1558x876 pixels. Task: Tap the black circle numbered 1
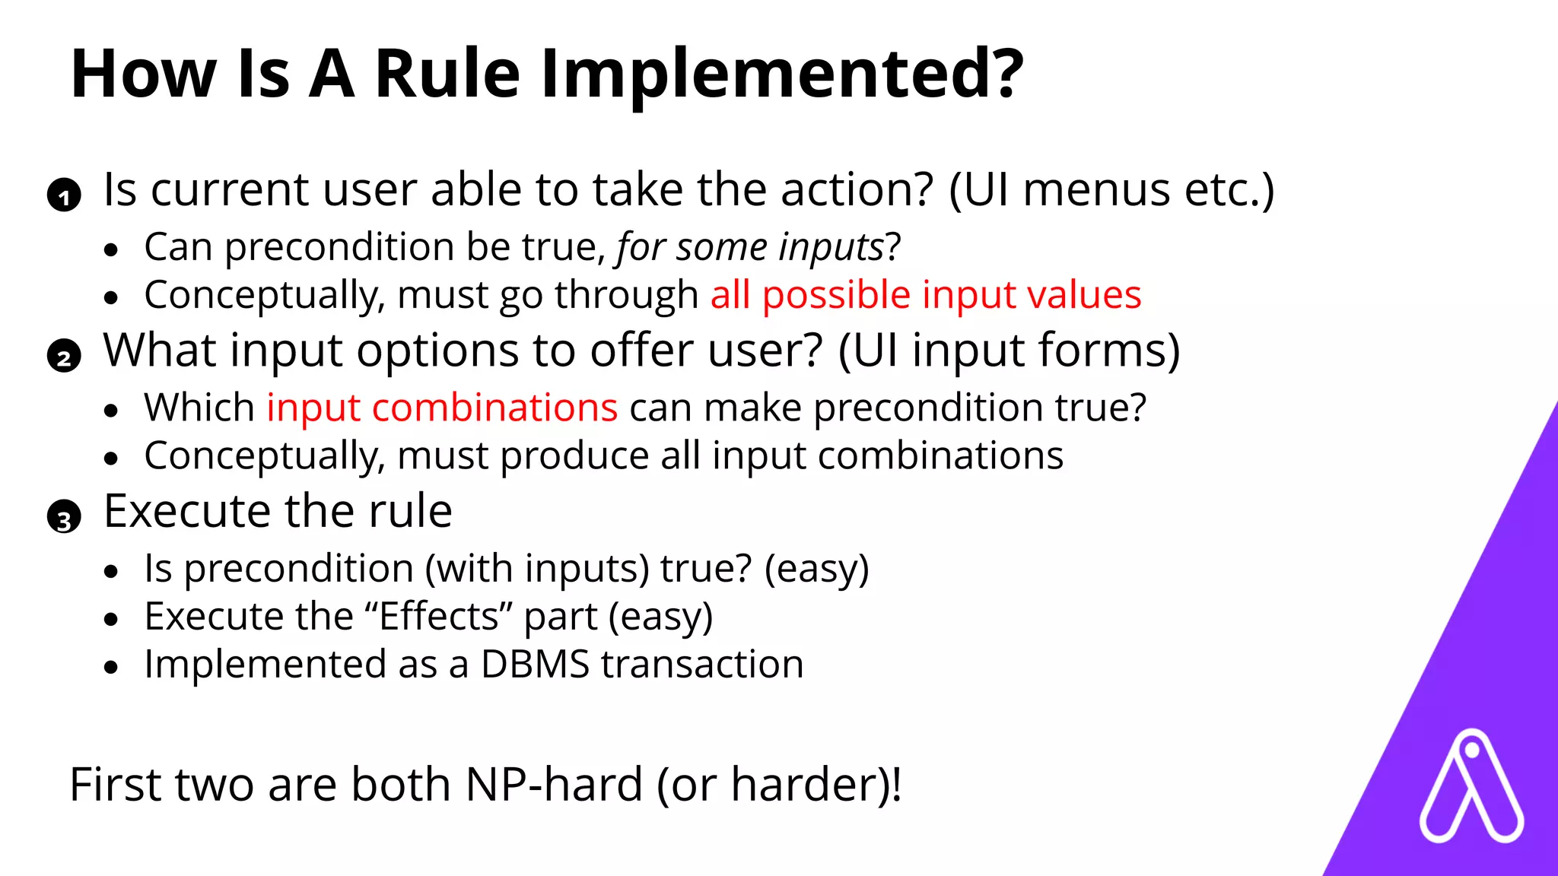[x=64, y=195]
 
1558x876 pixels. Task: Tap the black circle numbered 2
[x=64, y=356]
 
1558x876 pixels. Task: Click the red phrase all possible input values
[x=925, y=295]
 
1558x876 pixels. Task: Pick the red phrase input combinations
[x=441, y=408]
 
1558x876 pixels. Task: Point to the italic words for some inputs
[x=749, y=248]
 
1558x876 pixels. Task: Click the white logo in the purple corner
[x=1471, y=788]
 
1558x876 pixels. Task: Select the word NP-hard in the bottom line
[x=554, y=785]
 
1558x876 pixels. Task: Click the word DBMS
[x=535, y=665]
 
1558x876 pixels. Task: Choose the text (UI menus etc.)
[x=1111, y=190]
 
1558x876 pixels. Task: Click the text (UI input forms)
[x=1009, y=351]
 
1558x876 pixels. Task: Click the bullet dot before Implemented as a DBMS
[x=112, y=668]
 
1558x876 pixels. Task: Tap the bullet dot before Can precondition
[x=112, y=250]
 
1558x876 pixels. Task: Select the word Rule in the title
[x=447, y=75]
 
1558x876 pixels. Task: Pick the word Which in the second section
[x=199, y=408]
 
